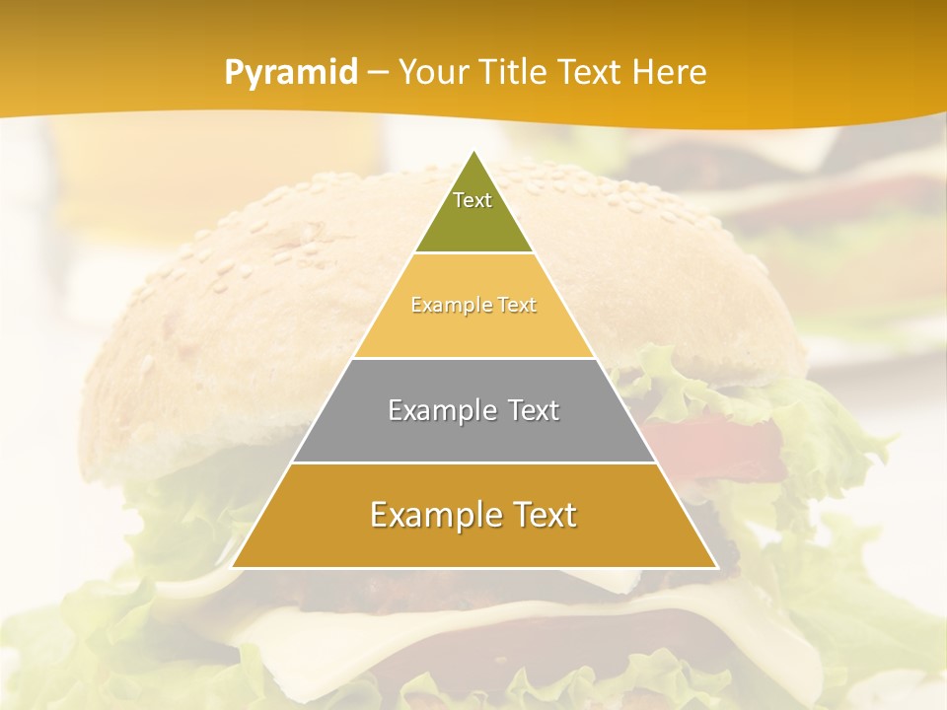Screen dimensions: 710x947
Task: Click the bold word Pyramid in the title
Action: (290, 73)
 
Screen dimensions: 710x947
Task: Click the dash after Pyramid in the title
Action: (377, 73)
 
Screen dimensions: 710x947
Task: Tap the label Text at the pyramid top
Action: (473, 200)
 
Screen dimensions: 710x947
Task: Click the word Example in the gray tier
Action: (429, 410)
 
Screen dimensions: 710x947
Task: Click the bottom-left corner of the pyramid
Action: (233, 567)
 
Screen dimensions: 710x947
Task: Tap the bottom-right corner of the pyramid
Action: (716, 567)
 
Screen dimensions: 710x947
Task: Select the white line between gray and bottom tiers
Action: (473, 462)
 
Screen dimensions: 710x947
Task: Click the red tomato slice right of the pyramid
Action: (720, 434)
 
